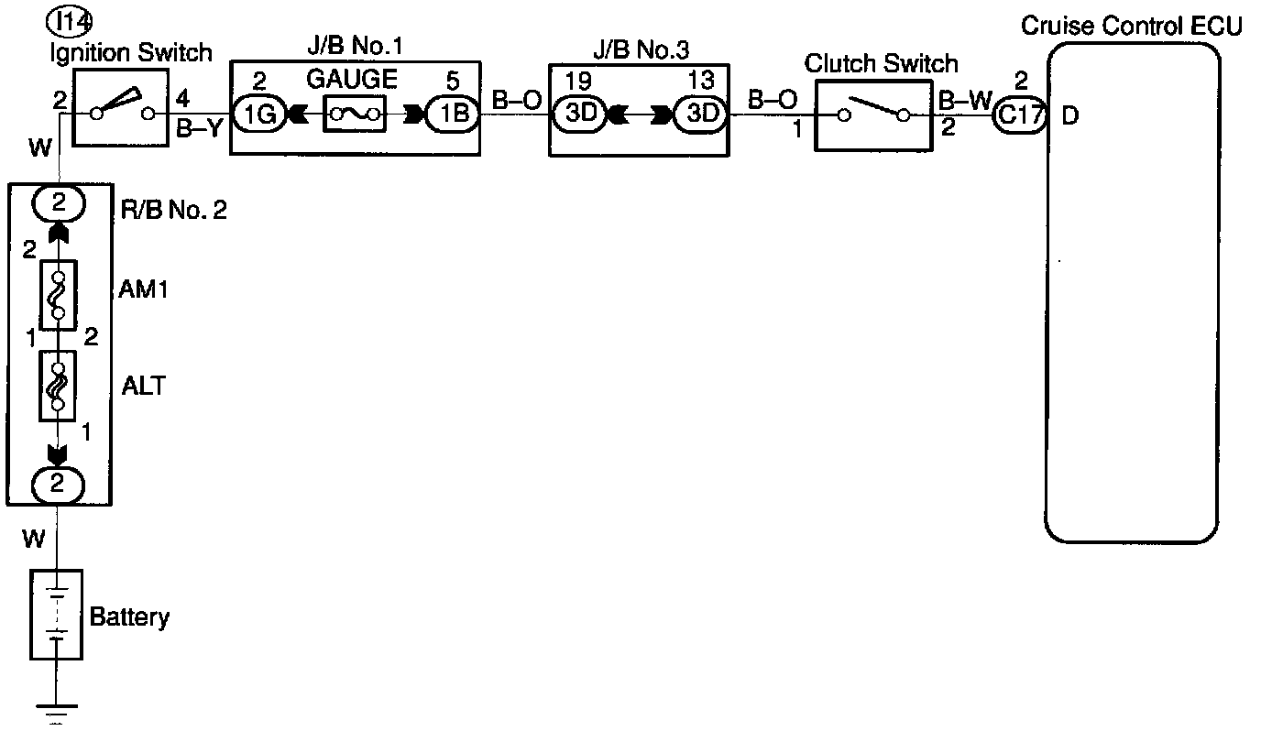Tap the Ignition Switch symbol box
(x=120, y=113)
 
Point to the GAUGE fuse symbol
(x=354, y=115)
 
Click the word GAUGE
(x=352, y=80)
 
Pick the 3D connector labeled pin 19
(x=578, y=115)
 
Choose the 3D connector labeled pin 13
(x=700, y=115)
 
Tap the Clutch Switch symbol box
(x=873, y=114)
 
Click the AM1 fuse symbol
(x=57, y=294)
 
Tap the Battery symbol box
(x=57, y=614)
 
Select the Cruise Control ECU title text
(x=1131, y=25)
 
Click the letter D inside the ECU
(x=1069, y=117)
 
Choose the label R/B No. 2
(x=174, y=211)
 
